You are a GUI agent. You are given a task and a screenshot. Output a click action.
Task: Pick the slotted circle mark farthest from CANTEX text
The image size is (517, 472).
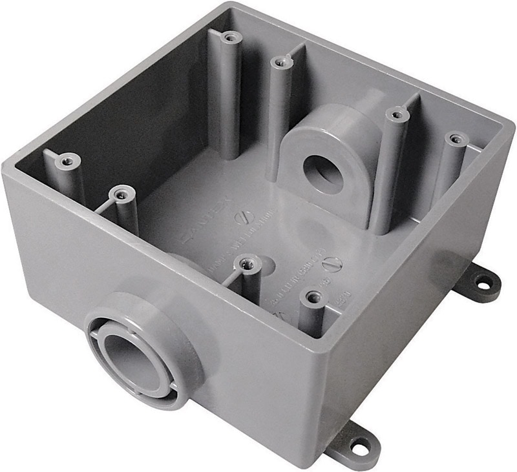330,263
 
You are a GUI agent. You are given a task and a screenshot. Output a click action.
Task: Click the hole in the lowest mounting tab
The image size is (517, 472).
358,445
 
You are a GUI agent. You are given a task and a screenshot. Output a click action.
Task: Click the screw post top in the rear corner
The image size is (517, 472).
228,37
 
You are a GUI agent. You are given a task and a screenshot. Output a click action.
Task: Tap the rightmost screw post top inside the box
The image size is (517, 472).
456,139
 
